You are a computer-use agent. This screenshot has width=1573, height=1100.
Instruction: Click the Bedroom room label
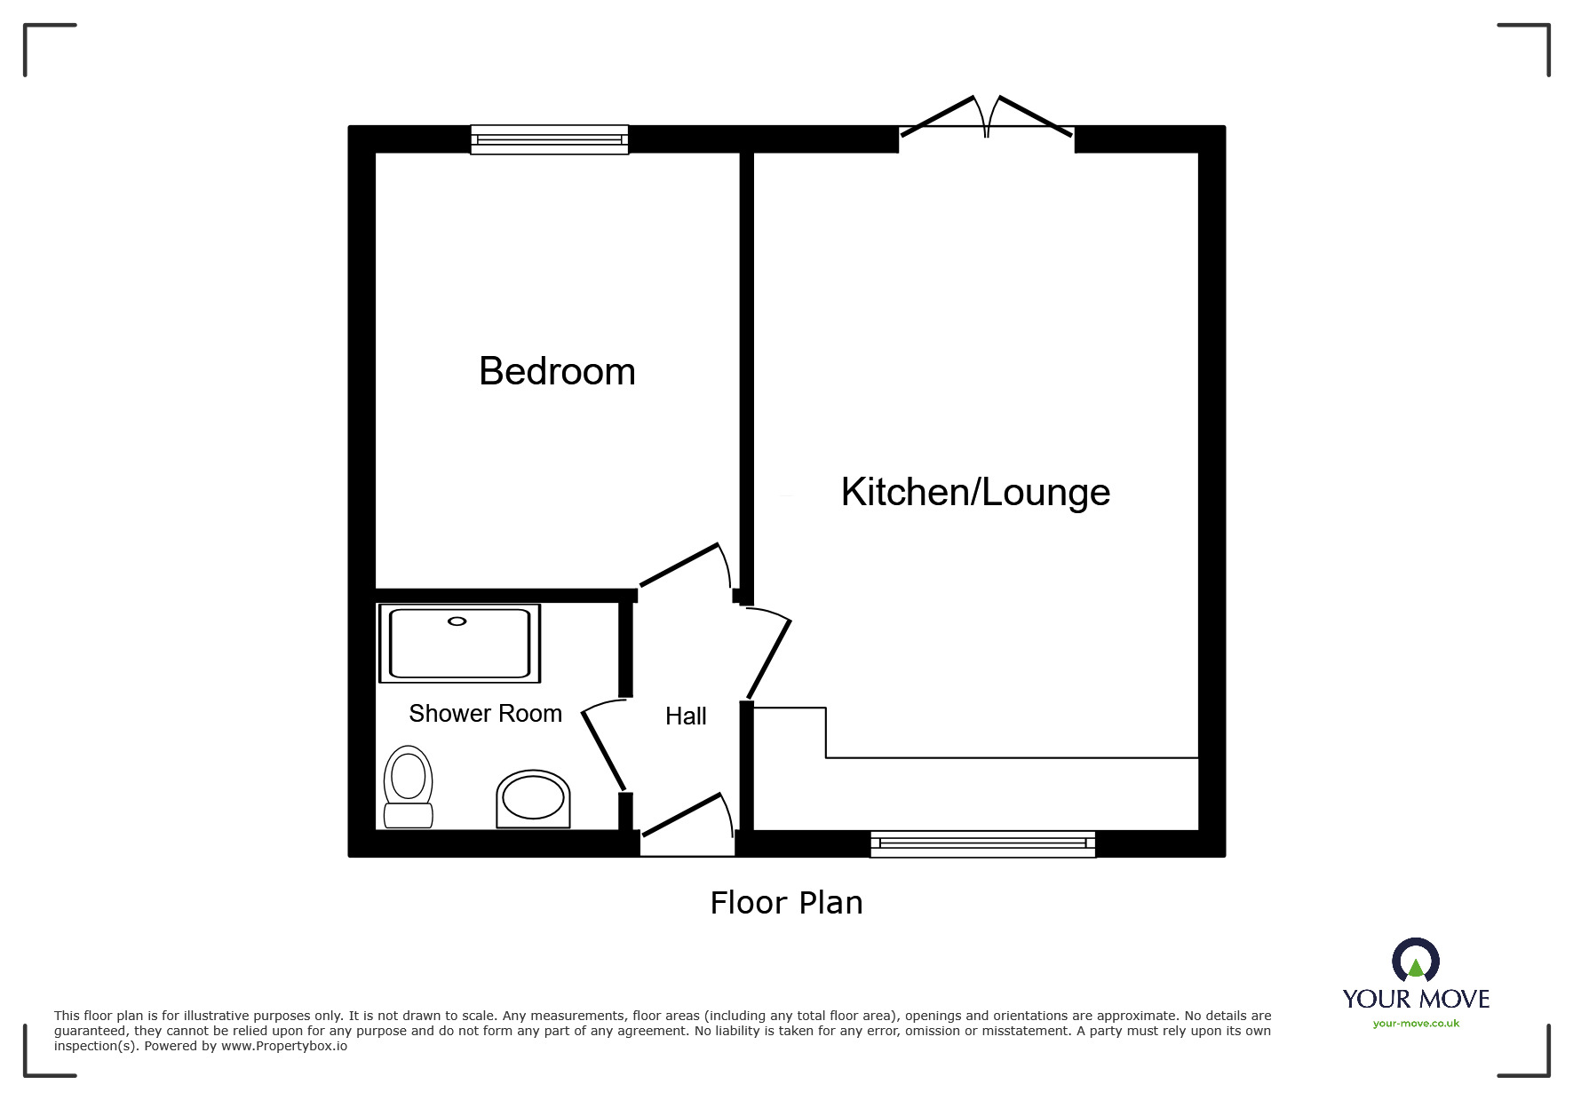[x=557, y=371]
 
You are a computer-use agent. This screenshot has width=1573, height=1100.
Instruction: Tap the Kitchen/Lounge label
[x=975, y=492]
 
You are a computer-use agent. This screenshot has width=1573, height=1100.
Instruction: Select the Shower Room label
[x=485, y=713]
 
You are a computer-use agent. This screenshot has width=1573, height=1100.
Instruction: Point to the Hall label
[x=686, y=716]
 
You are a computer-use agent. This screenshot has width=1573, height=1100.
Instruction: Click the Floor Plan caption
[x=786, y=902]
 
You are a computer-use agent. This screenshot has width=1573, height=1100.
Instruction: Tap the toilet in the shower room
[x=408, y=787]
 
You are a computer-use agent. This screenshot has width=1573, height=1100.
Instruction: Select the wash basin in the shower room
[x=533, y=798]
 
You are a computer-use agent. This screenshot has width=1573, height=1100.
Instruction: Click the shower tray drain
[x=457, y=621]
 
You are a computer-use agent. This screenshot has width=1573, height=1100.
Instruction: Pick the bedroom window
[x=550, y=139]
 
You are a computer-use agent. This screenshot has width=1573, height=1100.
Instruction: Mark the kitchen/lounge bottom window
[x=982, y=843]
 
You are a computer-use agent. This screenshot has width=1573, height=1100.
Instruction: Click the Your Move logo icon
[x=1416, y=960]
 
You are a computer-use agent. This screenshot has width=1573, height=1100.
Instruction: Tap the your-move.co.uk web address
[x=1416, y=1024]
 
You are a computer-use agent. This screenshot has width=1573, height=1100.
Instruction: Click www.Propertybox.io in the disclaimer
[x=284, y=1046]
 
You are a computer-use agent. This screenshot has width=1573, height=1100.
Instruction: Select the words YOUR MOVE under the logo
[x=1416, y=999]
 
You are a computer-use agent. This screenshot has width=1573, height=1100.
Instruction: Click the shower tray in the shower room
[x=459, y=644]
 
